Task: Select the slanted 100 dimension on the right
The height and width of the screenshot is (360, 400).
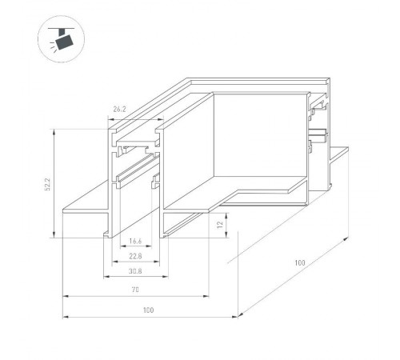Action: (x=299, y=261)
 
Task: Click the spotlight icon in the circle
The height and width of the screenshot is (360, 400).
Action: (x=59, y=38)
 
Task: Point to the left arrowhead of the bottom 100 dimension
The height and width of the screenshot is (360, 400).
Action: (x=65, y=317)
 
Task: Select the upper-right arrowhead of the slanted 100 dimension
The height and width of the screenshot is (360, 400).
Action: (x=349, y=238)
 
